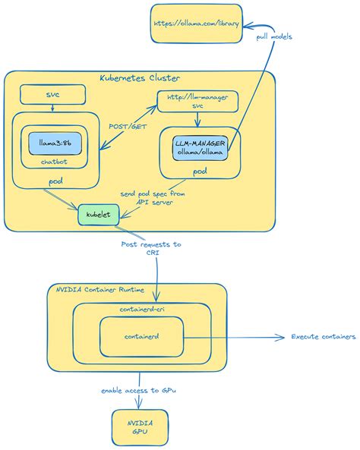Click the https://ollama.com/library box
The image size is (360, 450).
(197, 24)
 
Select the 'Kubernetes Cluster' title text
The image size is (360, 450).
(140, 79)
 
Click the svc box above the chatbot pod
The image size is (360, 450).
(52, 95)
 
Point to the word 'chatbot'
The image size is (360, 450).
(54, 162)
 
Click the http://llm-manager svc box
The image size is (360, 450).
(197, 101)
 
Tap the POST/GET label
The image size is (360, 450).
(129, 127)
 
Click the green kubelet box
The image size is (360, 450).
(99, 215)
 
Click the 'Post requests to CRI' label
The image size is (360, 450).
(151, 248)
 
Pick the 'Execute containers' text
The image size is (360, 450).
(323, 337)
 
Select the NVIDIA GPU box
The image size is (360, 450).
(140, 427)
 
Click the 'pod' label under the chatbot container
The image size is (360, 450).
(55, 181)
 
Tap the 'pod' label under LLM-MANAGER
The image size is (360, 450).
(200, 172)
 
